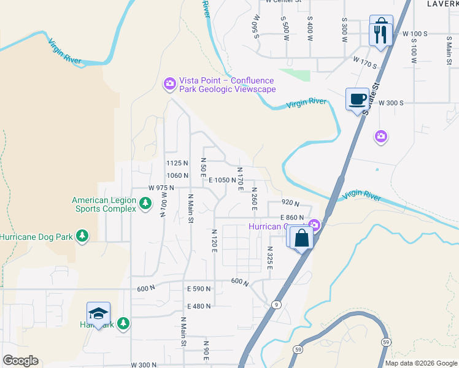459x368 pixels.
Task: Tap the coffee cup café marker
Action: coord(357,99)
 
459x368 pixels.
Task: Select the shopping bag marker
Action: coord(301,237)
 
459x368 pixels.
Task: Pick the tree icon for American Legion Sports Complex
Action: coord(145,203)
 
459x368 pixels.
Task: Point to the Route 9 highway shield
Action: coord(277,304)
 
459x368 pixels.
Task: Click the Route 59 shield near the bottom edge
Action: coord(385,342)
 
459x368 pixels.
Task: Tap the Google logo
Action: coord(21,361)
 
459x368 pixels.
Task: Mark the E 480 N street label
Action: coord(199,306)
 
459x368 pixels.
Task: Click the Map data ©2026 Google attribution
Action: coord(421,363)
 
